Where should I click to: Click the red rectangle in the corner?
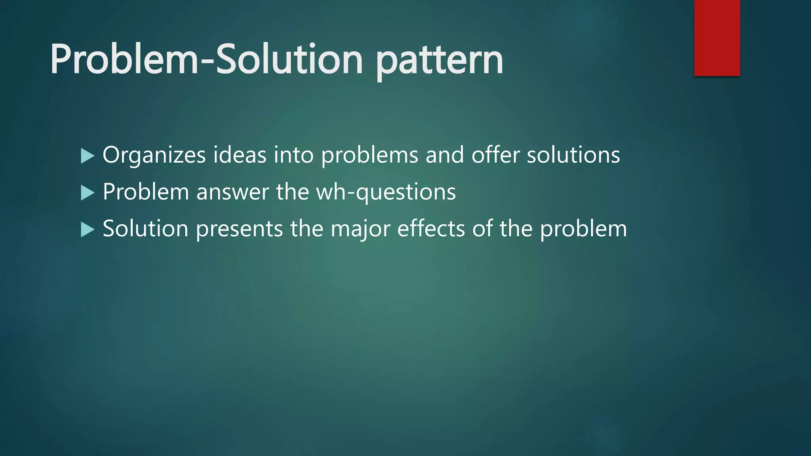(x=717, y=38)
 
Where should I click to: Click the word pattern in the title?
(x=439, y=61)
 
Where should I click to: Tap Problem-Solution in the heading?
(x=206, y=59)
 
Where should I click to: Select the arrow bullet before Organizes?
(x=87, y=156)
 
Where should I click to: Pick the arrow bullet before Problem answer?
(x=87, y=193)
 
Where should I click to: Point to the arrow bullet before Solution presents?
(x=87, y=230)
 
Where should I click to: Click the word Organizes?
(x=154, y=155)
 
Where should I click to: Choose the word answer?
(x=232, y=192)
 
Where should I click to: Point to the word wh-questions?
(x=386, y=192)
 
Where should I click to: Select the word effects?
(x=431, y=229)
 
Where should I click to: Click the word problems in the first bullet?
(x=369, y=155)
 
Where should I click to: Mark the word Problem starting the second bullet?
(x=146, y=192)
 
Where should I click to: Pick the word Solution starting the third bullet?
(x=145, y=229)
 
